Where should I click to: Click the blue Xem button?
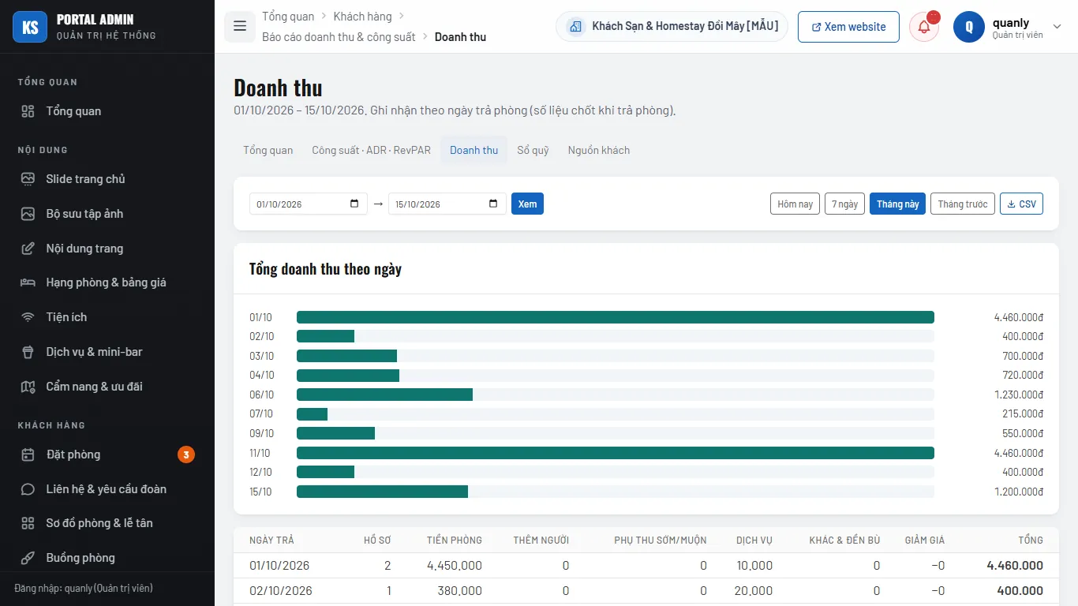[x=527, y=204]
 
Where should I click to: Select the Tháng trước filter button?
[x=962, y=204]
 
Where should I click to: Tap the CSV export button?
[x=1021, y=204]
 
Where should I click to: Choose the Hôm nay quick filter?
[x=795, y=204]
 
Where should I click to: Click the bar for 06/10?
[x=384, y=395]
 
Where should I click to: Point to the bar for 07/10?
[x=312, y=414]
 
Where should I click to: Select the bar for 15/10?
[x=382, y=492]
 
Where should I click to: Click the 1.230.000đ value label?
[x=1018, y=395]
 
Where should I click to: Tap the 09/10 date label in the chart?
[x=261, y=433]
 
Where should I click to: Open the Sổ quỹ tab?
[x=533, y=150]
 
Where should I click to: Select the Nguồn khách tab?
[x=599, y=150]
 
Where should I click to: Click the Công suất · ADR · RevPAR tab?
[x=371, y=150]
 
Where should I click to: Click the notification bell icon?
[x=923, y=27]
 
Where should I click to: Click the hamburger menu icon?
[x=240, y=26]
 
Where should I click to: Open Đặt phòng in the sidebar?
[x=73, y=454]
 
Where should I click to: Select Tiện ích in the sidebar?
[x=66, y=317]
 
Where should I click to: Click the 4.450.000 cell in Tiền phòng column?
[x=455, y=565]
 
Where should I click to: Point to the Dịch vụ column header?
[x=754, y=540]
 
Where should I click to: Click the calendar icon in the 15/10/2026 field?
[x=492, y=203]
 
